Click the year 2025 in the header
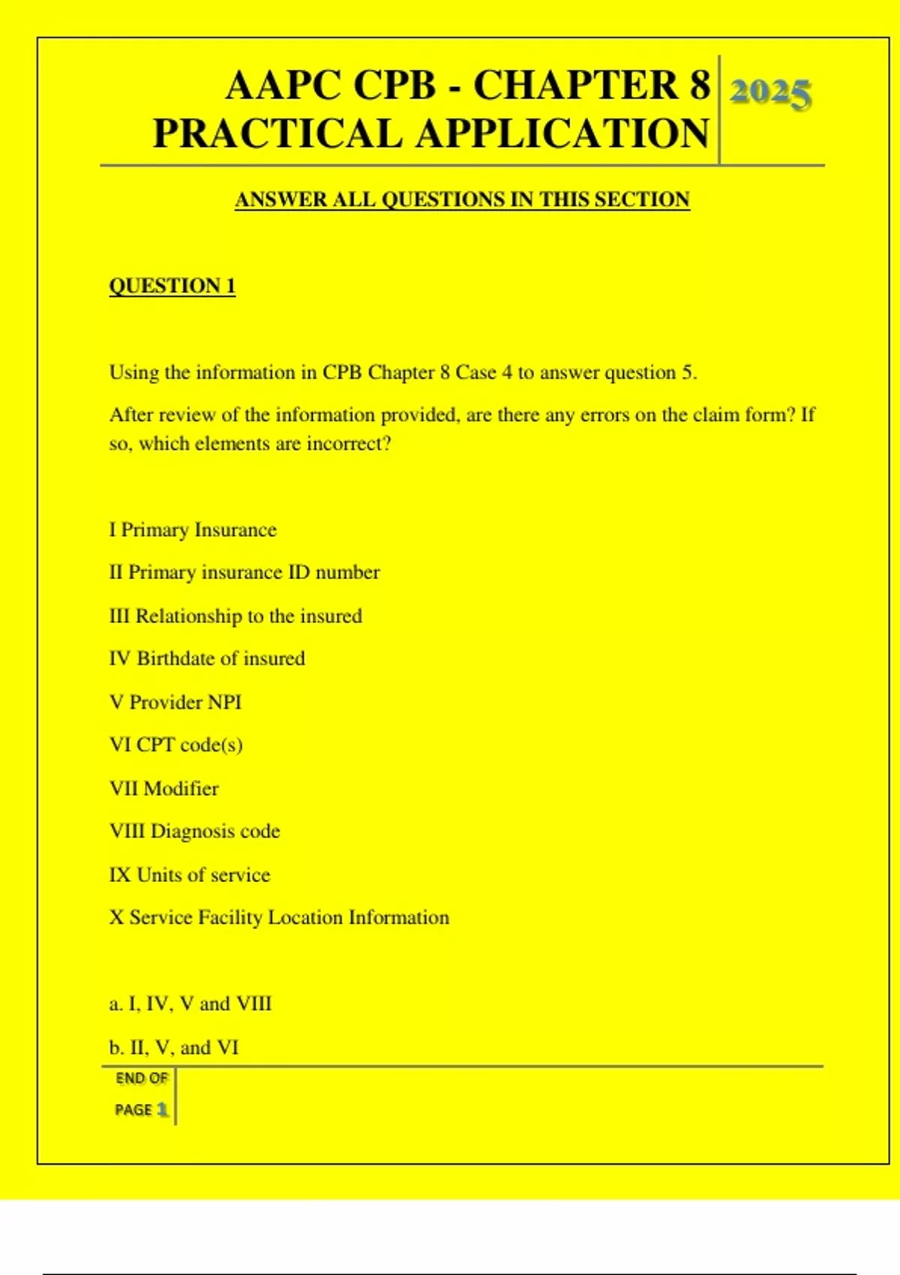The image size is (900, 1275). pos(770,93)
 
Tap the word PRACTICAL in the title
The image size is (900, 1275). pos(277,133)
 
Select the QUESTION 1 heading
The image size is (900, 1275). pos(172,286)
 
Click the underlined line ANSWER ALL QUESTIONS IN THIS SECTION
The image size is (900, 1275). pos(462,199)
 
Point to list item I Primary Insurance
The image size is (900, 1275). pos(193,530)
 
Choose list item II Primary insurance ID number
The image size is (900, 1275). pos(244,573)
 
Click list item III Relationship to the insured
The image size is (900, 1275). pos(235,616)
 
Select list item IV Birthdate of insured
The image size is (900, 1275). pos(207,659)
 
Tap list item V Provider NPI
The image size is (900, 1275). pos(175,703)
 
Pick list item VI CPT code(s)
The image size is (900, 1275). pos(176,745)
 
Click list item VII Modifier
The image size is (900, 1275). pos(164,789)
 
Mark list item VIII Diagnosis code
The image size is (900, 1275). pos(194,832)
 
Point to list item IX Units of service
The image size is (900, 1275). pos(190,875)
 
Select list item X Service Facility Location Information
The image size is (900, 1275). pos(279,918)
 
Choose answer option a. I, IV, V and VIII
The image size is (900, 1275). pos(190,1004)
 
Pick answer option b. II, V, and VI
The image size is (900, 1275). pos(174,1048)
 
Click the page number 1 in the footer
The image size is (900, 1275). pos(162,1109)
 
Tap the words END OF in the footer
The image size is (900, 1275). pos(142,1078)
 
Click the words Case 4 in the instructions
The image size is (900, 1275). pos(476,373)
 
